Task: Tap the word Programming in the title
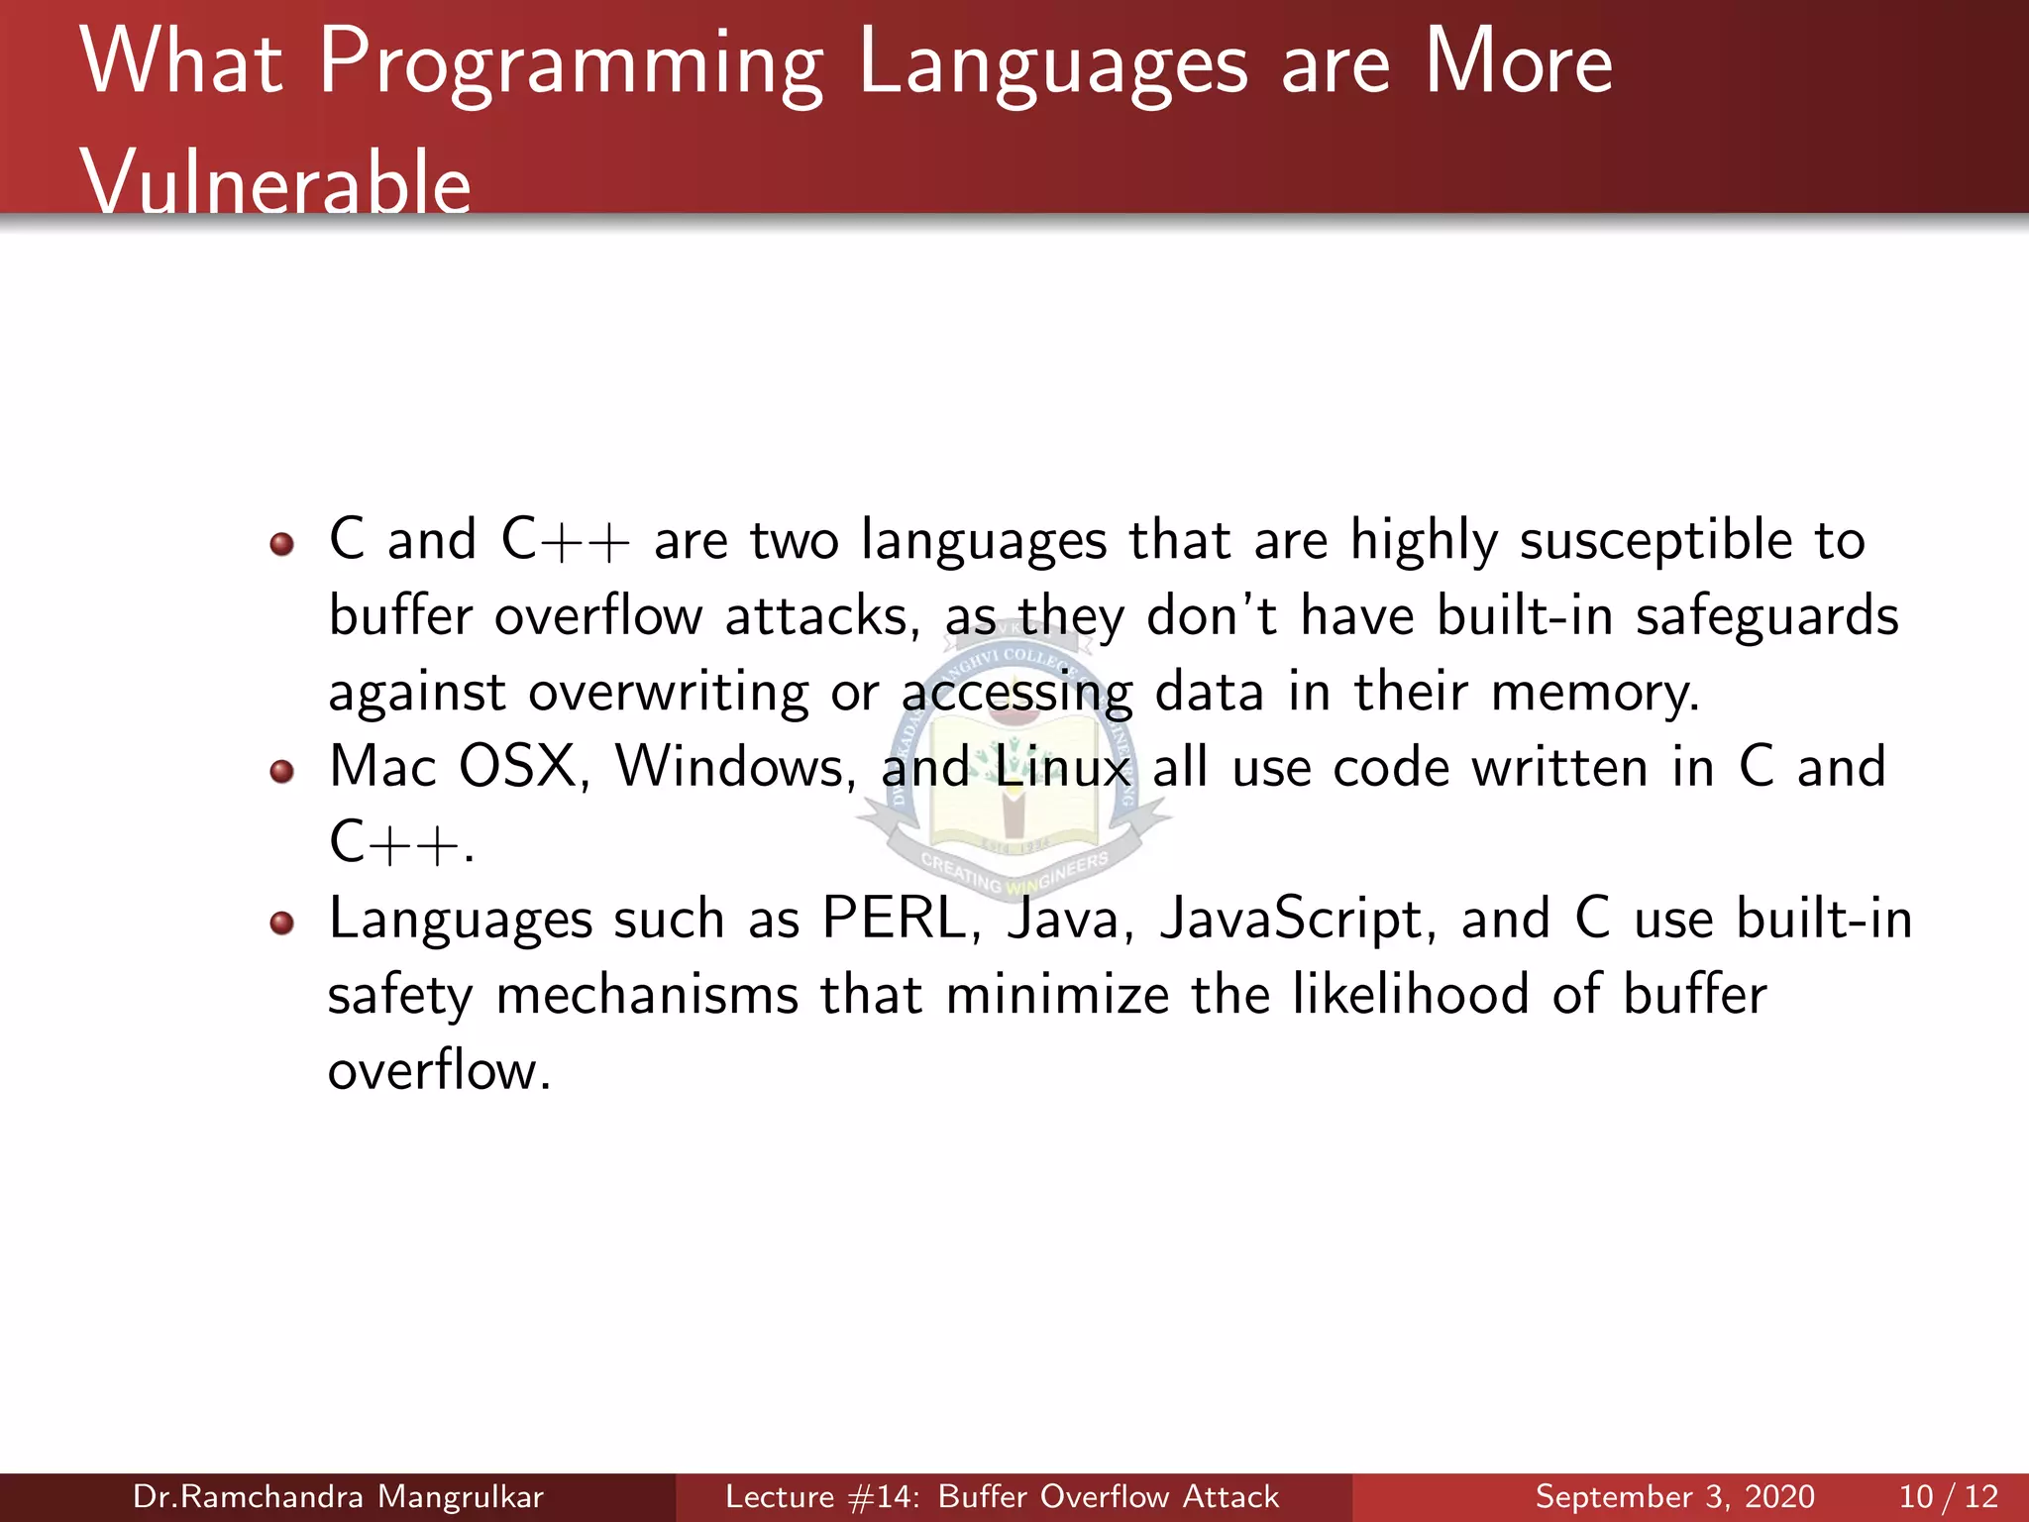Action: coord(571,65)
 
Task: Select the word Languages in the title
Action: coord(1052,65)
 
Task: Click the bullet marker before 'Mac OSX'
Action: coord(282,771)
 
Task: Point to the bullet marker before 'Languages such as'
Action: coord(282,923)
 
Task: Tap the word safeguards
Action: coord(1766,617)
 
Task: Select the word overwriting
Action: coord(668,693)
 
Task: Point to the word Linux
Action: coord(1062,768)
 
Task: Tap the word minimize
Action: coord(1056,995)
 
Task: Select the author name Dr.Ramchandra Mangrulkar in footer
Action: coord(338,1496)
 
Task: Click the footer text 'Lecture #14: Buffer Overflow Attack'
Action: coord(1002,1496)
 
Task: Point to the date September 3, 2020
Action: coord(1674,1496)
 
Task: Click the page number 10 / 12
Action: coord(1948,1496)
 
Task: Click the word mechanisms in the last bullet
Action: coord(646,995)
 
